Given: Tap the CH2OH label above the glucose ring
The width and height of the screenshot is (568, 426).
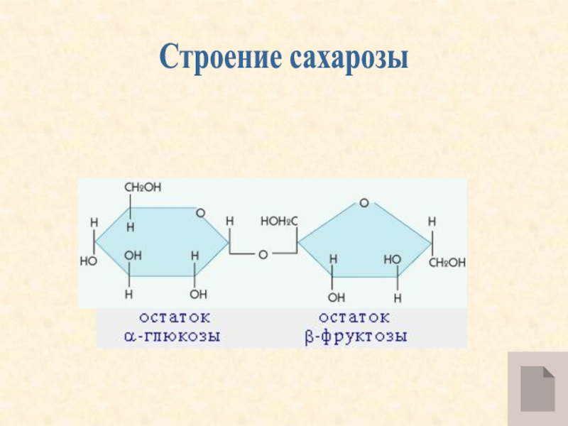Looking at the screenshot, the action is click(143, 187).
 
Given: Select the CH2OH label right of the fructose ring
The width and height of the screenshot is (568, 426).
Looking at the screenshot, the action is click(447, 262).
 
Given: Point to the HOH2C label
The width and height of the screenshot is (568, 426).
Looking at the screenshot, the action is click(280, 222).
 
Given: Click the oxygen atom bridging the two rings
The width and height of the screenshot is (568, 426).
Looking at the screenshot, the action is click(263, 253).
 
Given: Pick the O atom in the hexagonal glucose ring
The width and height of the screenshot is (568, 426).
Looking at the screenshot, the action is click(201, 213).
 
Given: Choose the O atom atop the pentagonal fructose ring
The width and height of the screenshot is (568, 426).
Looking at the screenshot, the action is click(364, 204).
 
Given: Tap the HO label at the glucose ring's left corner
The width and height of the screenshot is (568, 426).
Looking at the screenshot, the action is click(88, 261).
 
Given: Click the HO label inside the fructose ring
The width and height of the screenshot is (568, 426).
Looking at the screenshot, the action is click(392, 261).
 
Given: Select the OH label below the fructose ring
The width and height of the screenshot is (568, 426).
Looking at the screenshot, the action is click(336, 296).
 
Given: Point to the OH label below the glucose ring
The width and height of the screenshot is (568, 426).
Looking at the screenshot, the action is click(199, 293).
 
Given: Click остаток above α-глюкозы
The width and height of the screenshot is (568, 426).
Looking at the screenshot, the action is click(169, 317).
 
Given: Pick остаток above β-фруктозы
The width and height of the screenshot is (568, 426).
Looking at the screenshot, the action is click(354, 317).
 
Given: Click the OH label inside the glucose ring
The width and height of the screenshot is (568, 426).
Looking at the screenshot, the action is click(133, 254).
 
